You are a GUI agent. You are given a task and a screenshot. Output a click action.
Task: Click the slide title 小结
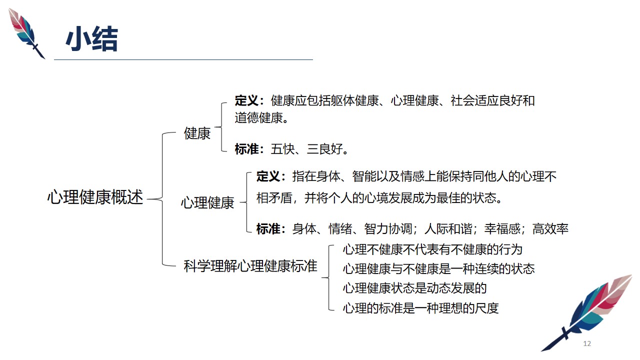[x=91, y=39]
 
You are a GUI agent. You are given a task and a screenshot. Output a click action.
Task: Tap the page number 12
[x=587, y=343]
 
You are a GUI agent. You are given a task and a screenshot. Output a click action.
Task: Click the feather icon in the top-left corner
[x=26, y=33]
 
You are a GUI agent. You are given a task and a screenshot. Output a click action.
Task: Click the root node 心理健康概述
[x=95, y=197]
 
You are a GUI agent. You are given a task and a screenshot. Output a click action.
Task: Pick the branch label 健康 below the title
[x=197, y=133]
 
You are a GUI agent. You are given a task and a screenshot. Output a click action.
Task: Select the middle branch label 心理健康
[x=207, y=202]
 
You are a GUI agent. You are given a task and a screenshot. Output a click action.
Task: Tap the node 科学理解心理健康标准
[x=250, y=266]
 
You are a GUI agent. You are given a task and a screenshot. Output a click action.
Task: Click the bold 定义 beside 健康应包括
[x=246, y=100]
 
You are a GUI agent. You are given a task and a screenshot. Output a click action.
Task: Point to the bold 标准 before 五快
[x=246, y=149]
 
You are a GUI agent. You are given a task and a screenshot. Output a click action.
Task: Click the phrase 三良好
[x=325, y=149]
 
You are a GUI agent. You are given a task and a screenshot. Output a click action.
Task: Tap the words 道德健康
[x=258, y=117]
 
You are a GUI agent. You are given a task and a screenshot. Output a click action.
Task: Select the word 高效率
[x=550, y=229]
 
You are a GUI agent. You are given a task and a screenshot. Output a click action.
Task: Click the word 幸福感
[x=502, y=229]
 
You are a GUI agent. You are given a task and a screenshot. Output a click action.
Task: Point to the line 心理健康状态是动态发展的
[x=414, y=288]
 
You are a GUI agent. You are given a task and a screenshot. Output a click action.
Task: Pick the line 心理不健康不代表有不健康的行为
[x=432, y=249]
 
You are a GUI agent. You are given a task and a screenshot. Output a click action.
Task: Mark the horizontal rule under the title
[x=183, y=59]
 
